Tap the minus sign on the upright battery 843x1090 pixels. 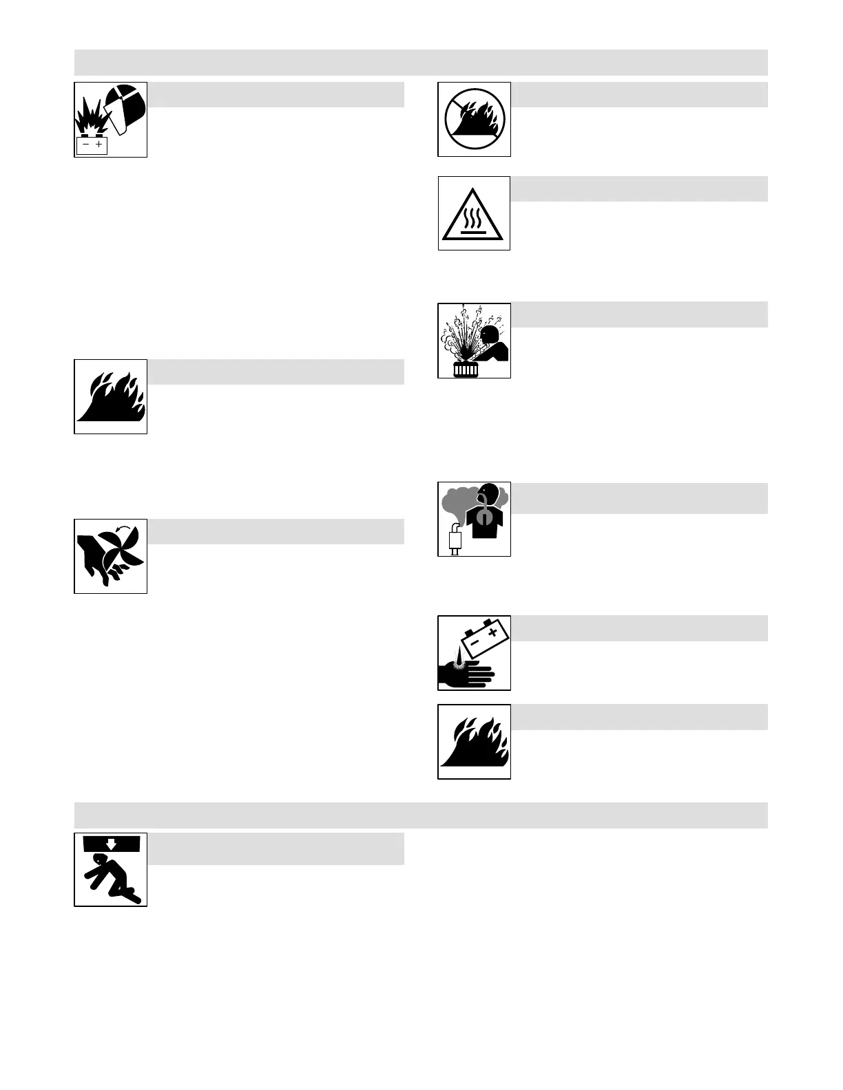pos(85,145)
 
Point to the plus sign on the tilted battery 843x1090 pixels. pos(492,632)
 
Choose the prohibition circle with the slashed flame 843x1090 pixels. pos(475,119)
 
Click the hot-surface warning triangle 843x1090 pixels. pos(475,215)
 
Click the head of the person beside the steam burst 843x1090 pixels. pos(489,334)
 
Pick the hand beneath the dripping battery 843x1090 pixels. pos(468,672)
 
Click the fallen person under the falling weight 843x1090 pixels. pos(110,877)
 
